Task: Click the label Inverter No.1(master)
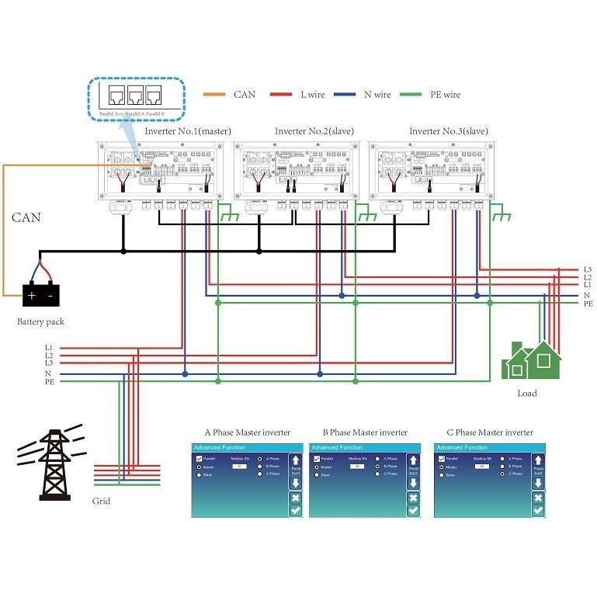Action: pos(188,131)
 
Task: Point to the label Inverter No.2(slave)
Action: pos(314,131)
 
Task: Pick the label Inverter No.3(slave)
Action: pos(449,131)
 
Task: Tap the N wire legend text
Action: pos(377,95)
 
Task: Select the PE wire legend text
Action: pos(445,95)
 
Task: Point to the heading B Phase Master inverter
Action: pos(365,432)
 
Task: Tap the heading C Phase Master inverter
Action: pos(490,432)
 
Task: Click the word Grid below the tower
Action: pos(101,501)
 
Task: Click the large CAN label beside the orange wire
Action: pos(26,218)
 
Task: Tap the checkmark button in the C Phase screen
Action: pos(538,510)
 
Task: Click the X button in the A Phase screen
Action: pos(295,497)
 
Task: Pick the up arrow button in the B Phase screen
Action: pos(413,460)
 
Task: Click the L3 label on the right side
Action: pos(588,269)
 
